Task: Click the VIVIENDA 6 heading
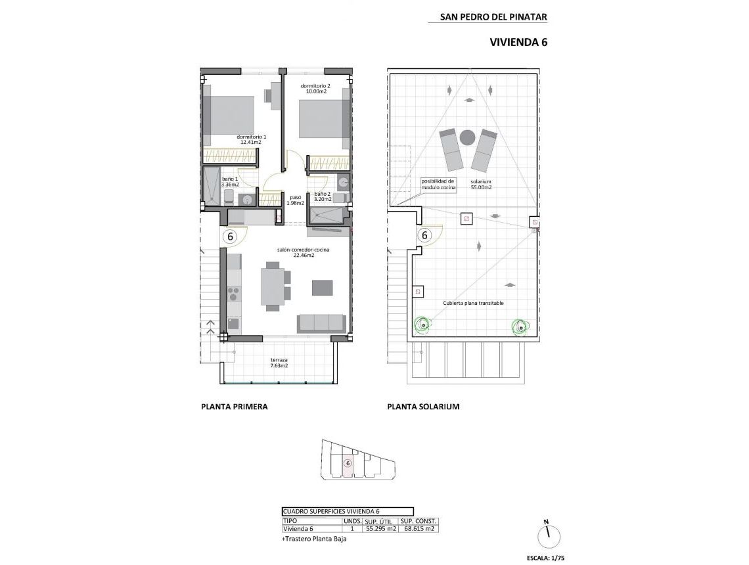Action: click(518, 42)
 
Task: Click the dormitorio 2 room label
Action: click(315, 89)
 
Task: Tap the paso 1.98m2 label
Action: click(296, 200)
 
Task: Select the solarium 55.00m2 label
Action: click(481, 185)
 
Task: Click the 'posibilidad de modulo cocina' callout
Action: click(438, 184)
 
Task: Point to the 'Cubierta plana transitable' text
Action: click(473, 303)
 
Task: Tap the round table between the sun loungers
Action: click(467, 137)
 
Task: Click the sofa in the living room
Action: click(321, 322)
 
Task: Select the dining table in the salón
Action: click(273, 284)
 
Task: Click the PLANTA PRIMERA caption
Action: click(234, 407)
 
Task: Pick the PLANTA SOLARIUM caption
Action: click(423, 407)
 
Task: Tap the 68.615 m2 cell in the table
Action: click(418, 528)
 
